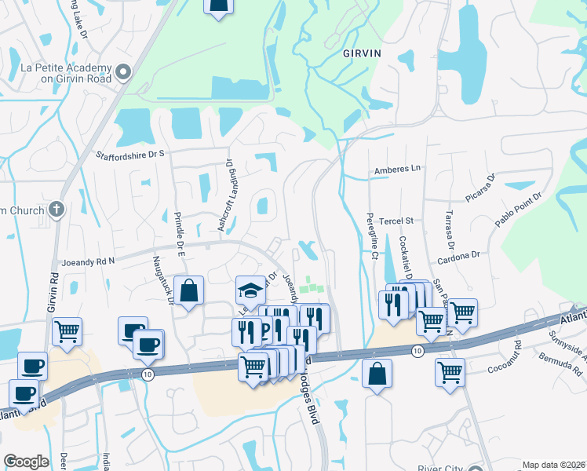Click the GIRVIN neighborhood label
pos(362,53)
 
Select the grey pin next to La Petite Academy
pos(122,73)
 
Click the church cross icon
pos(56,210)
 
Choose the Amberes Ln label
pos(397,168)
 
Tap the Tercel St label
pos(396,221)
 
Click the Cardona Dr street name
pos(459,256)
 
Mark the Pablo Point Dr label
pos(518,210)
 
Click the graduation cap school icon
pos(250,290)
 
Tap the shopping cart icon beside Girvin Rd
pos(67,330)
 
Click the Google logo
pos(26,462)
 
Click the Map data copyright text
pos(553,465)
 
